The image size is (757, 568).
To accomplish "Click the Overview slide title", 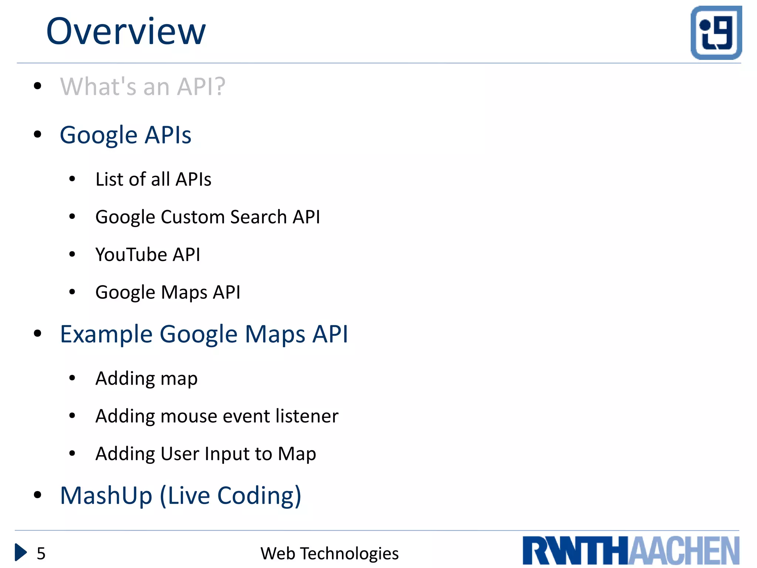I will pyautogui.click(x=126, y=32).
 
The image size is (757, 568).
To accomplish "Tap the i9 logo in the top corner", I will pyautogui.click(x=716, y=33).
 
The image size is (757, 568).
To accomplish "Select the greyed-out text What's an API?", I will pyautogui.click(x=143, y=87).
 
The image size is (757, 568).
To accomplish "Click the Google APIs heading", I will pyautogui.click(x=125, y=135).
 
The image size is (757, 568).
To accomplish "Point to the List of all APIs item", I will pyautogui.click(x=153, y=179).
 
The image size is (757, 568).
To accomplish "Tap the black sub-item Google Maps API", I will pyautogui.click(x=168, y=293).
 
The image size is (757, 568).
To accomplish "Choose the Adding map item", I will pyautogui.click(x=146, y=379).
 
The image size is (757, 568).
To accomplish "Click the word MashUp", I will pyautogui.click(x=106, y=496).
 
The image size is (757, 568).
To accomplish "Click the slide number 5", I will pyautogui.click(x=41, y=554).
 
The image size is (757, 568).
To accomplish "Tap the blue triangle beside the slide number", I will pyautogui.click(x=20, y=552).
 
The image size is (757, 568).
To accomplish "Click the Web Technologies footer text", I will pyautogui.click(x=329, y=554).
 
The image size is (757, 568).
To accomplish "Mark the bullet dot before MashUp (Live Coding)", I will pyautogui.click(x=37, y=495).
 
